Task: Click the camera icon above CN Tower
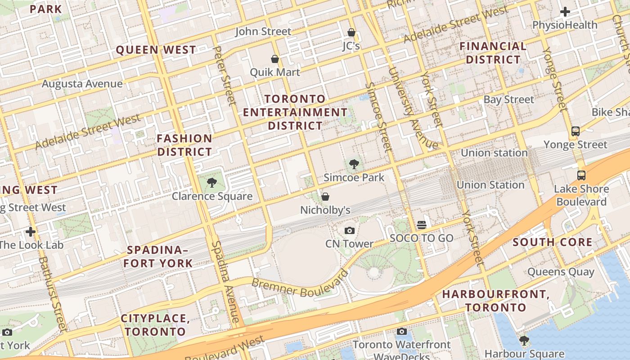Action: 349,231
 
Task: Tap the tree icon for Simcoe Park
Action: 354,165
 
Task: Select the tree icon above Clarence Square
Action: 212,183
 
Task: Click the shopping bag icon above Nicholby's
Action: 325,197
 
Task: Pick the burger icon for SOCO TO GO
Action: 422,225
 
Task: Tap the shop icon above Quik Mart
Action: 274,59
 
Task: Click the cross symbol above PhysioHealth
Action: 565,12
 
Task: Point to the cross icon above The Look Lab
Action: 31,232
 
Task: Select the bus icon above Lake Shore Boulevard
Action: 581,175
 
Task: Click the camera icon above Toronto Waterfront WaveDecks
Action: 401,332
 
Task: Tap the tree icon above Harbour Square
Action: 524,340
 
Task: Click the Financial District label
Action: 493,53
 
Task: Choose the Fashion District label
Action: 184,145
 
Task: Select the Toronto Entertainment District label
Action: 295,112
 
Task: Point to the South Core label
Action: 553,242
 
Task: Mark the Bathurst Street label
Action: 52,293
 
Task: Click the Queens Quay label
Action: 561,272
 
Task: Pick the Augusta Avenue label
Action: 82,84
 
